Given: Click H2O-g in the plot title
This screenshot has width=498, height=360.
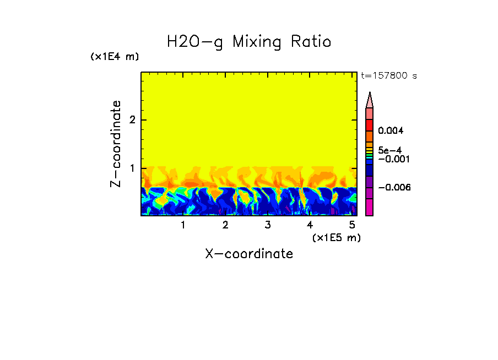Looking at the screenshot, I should [x=195, y=42].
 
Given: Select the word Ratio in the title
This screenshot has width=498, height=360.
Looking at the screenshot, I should [x=312, y=42].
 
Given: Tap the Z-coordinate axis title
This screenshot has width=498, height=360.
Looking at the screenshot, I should [x=116, y=144].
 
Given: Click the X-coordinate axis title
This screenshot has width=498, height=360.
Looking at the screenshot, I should [x=249, y=254].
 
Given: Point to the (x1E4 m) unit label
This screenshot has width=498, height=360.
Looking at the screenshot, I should [x=115, y=57].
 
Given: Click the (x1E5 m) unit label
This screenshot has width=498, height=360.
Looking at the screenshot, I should [x=336, y=237].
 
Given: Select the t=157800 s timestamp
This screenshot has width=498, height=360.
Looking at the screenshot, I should [x=388, y=76].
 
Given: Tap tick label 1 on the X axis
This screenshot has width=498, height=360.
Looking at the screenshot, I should [x=183, y=225].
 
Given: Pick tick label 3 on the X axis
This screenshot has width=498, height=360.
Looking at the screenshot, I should [x=267, y=225].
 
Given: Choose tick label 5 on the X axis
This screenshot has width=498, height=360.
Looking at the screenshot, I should [x=352, y=225].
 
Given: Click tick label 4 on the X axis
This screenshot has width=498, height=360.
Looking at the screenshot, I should [x=310, y=225].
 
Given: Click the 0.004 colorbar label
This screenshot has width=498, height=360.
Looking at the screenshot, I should [x=391, y=131].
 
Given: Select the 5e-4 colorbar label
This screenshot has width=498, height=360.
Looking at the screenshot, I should [x=389, y=150].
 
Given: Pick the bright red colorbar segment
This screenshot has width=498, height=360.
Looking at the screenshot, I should [x=370, y=125].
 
